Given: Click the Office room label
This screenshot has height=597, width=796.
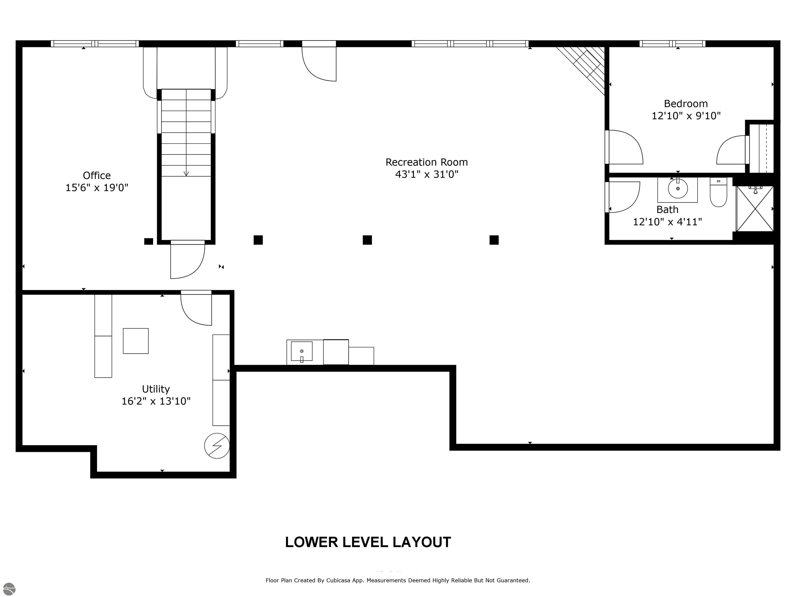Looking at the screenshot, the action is coord(97,176).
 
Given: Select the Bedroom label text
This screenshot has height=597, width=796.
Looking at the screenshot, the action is coord(686,104).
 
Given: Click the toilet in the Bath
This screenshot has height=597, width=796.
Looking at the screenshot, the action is coord(718,193).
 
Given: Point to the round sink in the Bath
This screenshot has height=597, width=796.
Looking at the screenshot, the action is coord(678,188).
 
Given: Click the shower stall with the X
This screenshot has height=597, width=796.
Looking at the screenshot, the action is coord(755,208).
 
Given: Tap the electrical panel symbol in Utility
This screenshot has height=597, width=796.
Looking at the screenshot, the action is coord(217,445).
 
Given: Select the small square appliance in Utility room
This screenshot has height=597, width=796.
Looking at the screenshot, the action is coord(136,341).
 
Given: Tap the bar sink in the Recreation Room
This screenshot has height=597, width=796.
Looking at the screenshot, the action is coord(302,352).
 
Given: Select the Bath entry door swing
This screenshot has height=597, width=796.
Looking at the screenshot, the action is coord(624,197).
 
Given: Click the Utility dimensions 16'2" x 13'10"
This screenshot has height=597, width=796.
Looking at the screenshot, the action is coord(156,401).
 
